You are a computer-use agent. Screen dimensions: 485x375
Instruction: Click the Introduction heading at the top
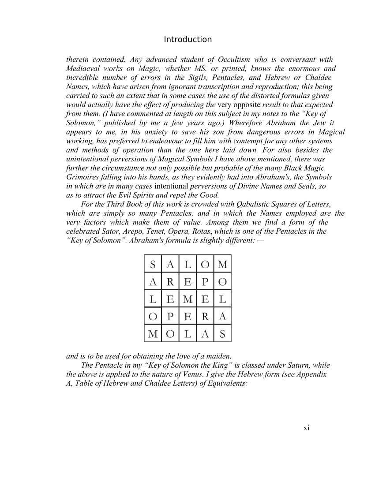point(187,40)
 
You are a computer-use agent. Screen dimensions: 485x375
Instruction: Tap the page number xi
point(307,428)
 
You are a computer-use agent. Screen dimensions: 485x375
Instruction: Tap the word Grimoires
point(82,177)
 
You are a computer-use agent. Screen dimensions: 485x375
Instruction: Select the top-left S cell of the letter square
point(153,265)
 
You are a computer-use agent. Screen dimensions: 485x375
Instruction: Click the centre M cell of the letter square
point(187,299)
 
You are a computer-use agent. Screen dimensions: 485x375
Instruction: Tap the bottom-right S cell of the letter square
point(222,334)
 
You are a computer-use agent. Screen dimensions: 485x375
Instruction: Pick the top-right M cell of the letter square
point(222,265)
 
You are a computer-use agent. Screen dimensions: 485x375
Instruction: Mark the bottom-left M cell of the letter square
point(153,334)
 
